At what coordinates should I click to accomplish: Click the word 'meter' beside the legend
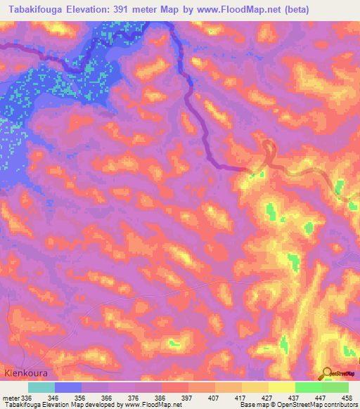click(11, 397)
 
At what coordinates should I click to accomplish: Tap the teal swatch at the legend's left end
click(41, 387)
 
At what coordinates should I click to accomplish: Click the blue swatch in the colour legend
click(67, 387)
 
